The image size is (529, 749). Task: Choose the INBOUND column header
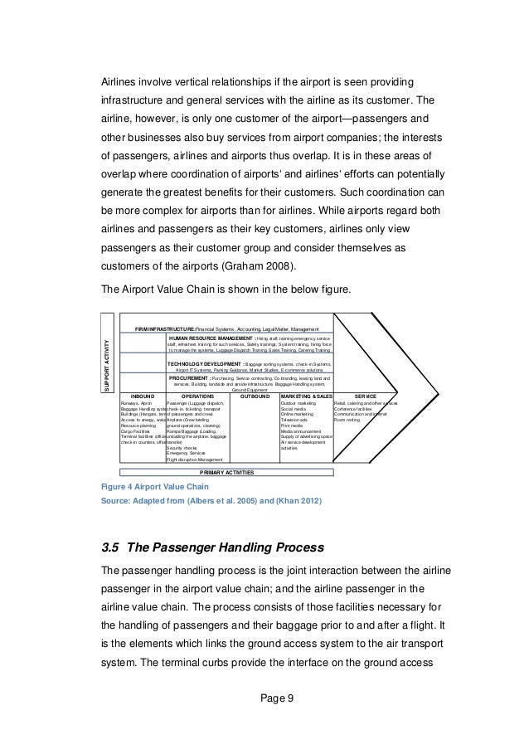(x=143, y=396)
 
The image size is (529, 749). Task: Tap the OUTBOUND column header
(x=254, y=396)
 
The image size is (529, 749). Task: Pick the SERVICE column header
(x=366, y=396)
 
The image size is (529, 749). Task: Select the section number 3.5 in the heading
(x=110, y=548)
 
